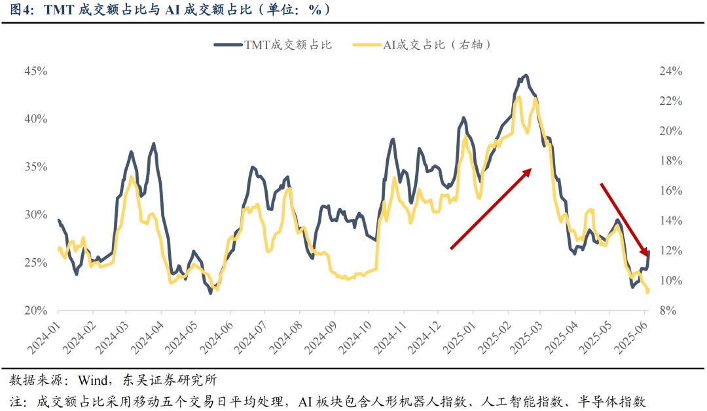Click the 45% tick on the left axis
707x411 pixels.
[35, 71]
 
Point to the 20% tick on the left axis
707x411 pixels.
[35, 311]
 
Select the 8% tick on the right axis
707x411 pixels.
[667, 311]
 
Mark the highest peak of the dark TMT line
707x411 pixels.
[525, 75]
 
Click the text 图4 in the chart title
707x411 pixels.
[22, 10]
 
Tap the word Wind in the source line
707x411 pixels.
[94, 380]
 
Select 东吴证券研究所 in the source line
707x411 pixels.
[170, 380]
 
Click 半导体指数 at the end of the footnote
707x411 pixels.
[615, 401]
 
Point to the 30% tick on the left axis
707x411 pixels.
[35, 215]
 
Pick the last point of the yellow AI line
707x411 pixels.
[648, 292]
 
